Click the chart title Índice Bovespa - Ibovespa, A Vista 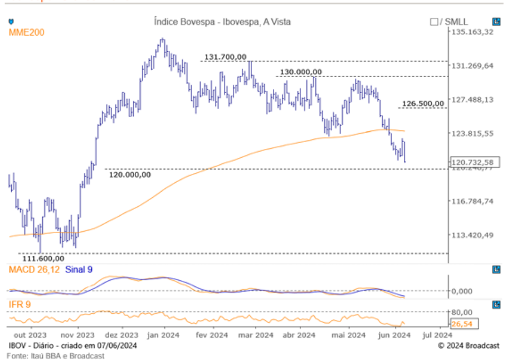(222, 22)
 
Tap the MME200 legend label (26, 33)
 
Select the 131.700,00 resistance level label (225, 57)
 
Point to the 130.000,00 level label (300, 72)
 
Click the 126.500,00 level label (423, 104)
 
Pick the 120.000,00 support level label (130, 175)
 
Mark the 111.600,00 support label (43, 259)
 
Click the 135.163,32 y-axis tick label (472, 32)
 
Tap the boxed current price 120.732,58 (473, 162)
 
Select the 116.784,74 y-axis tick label (472, 201)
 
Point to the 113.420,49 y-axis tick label (472, 235)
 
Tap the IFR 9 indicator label (19, 304)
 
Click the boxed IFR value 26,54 (462, 323)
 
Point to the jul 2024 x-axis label (437, 335)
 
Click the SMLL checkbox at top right (433, 22)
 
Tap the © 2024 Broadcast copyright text (468, 346)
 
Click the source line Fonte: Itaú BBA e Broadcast (56, 356)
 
